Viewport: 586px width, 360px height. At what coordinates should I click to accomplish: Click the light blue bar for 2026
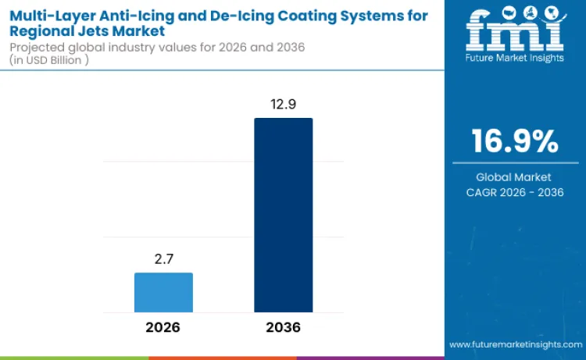(163, 293)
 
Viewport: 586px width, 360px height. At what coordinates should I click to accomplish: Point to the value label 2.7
(163, 258)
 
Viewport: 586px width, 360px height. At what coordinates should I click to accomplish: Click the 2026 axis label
(163, 327)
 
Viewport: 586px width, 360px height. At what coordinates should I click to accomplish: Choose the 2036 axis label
(283, 327)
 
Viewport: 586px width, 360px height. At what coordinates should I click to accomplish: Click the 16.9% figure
(514, 141)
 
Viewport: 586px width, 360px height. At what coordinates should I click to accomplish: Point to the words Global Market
(514, 177)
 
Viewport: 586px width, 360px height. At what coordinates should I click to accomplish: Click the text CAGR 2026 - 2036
(514, 192)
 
